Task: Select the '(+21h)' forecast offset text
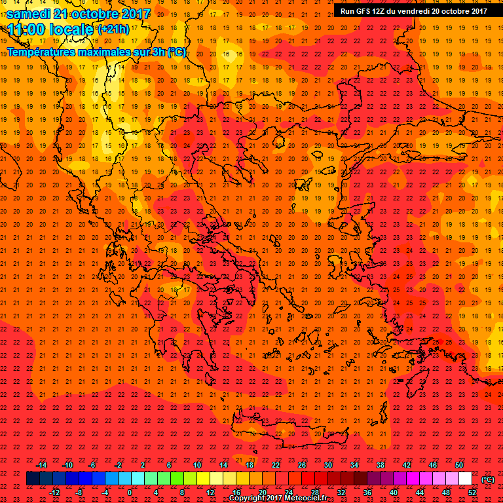(113, 29)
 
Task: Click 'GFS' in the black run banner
(363, 10)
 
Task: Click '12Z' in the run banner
(381, 10)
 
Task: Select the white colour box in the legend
(465, 479)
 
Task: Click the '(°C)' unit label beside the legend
(488, 479)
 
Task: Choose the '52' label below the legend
(472, 493)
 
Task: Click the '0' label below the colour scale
(130, 493)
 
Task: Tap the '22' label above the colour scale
(276, 465)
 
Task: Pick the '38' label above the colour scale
(381, 465)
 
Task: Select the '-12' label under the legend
(54, 493)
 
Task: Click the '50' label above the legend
(459, 465)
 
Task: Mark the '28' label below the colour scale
(315, 493)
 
